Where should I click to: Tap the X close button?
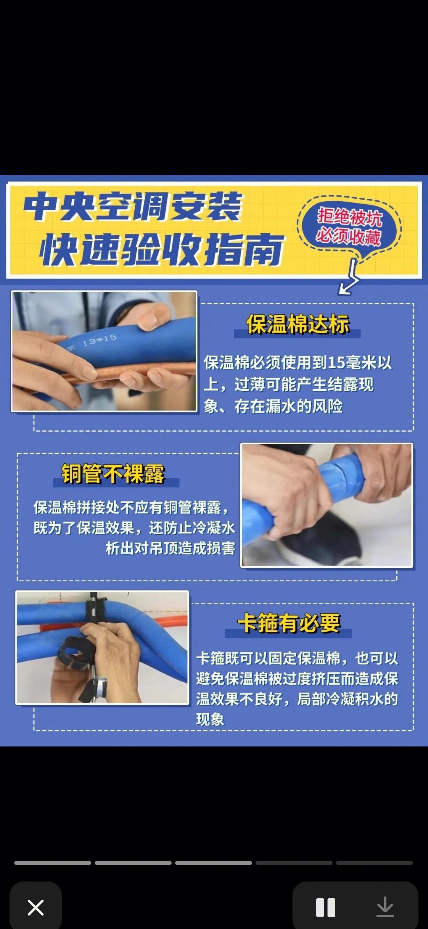[35, 907]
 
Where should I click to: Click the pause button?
[326, 907]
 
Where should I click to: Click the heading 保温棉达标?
[298, 324]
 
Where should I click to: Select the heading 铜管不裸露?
[113, 474]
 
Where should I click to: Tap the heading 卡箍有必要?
[289, 623]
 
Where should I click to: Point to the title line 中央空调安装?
[133, 207]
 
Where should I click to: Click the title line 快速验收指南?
[162, 249]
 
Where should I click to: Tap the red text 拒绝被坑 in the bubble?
[350, 217]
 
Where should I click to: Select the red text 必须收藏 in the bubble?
[348, 236]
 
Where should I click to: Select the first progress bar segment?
[53, 863]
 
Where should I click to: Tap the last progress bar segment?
[374, 863]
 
